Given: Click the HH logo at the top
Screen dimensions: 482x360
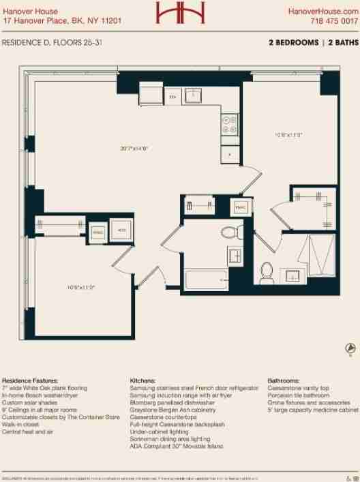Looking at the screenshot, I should (x=179, y=13).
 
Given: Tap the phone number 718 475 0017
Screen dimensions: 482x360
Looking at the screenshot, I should (x=333, y=21).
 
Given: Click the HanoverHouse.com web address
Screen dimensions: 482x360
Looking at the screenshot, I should (x=322, y=12).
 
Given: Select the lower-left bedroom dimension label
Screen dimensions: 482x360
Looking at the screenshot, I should (x=80, y=286).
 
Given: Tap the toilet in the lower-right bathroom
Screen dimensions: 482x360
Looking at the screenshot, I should (x=267, y=272).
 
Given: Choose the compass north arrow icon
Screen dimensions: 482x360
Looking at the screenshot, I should (x=349, y=348).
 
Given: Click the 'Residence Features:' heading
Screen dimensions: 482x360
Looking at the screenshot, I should (x=30, y=380).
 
